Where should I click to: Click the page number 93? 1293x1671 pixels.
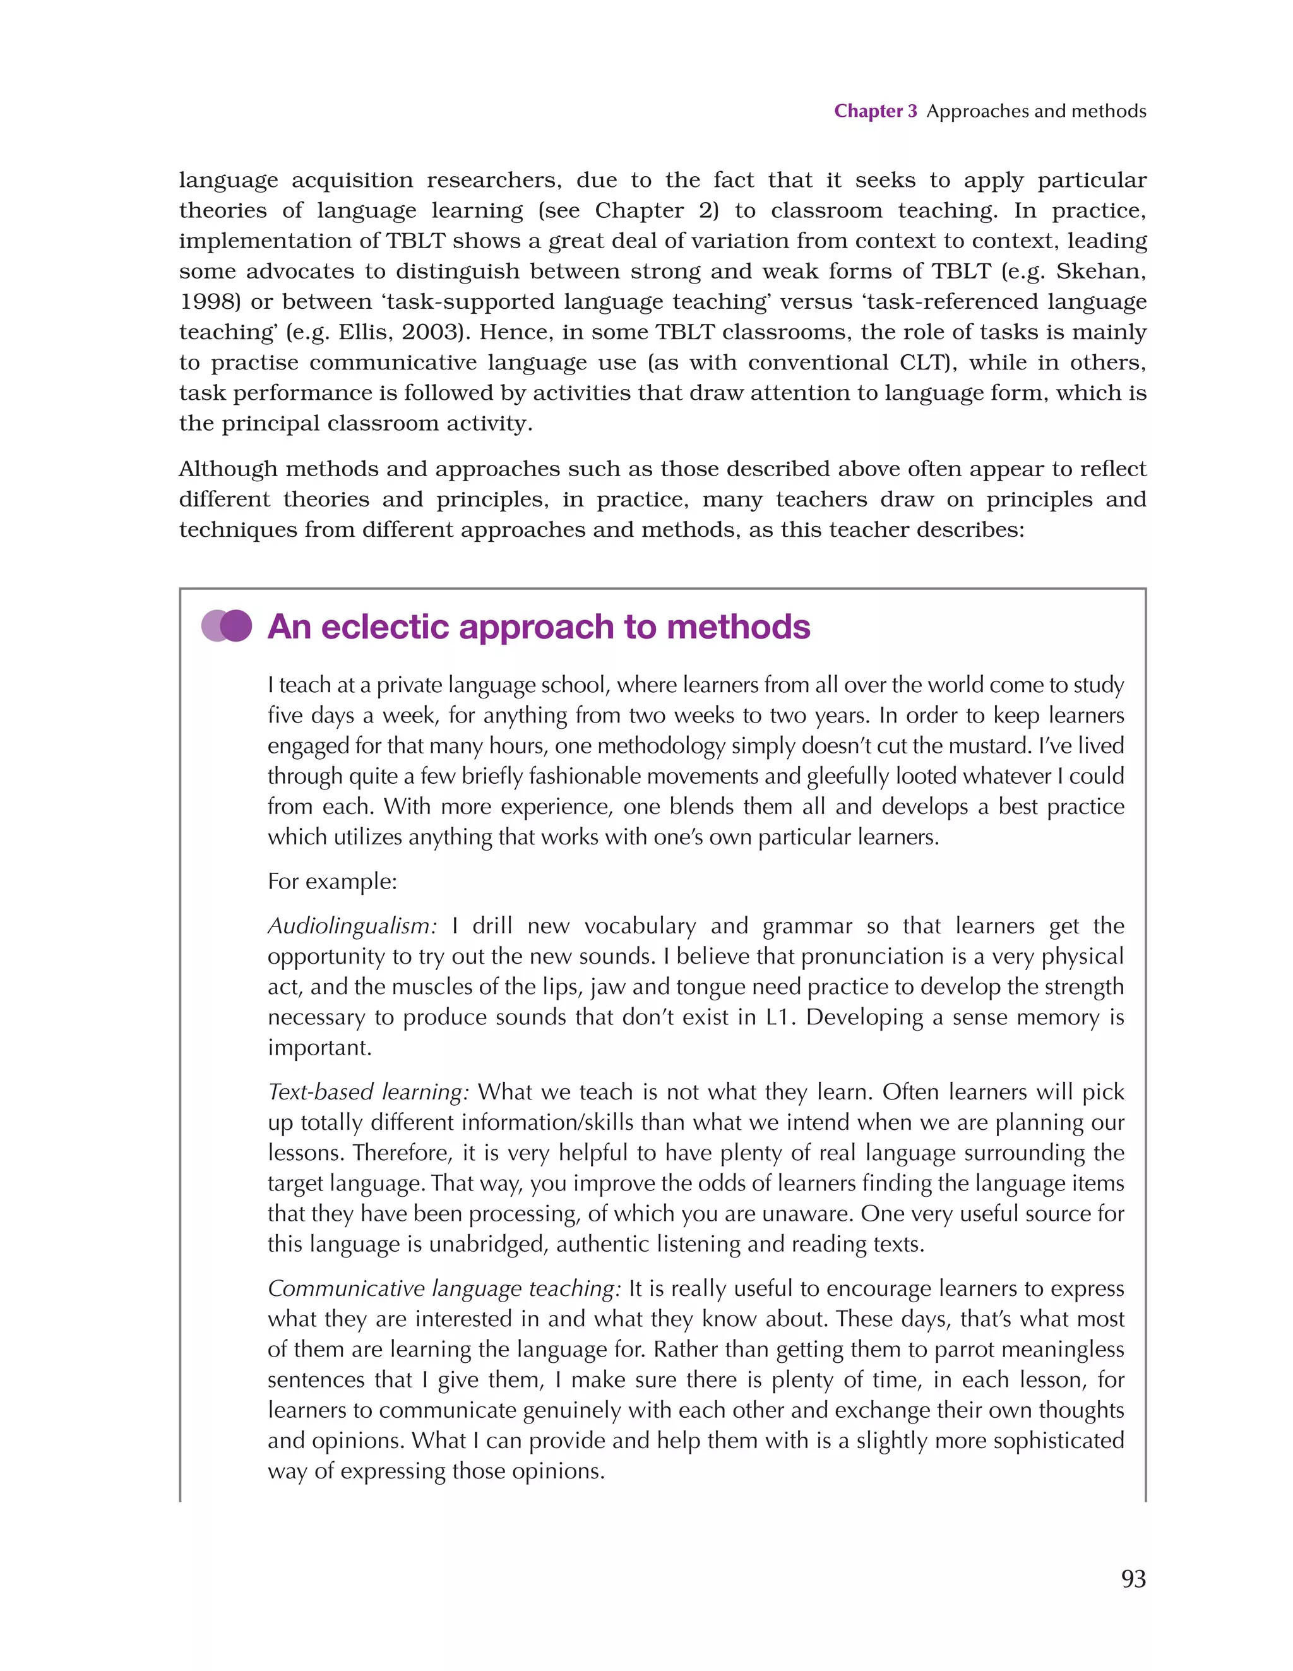[1133, 1578]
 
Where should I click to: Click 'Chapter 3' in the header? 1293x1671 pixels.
[874, 111]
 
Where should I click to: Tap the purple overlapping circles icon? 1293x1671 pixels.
[227, 626]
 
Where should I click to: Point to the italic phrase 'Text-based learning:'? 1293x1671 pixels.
[368, 1092]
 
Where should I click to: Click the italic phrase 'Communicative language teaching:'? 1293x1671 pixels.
[444, 1288]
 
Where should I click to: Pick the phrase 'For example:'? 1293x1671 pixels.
[332, 882]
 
